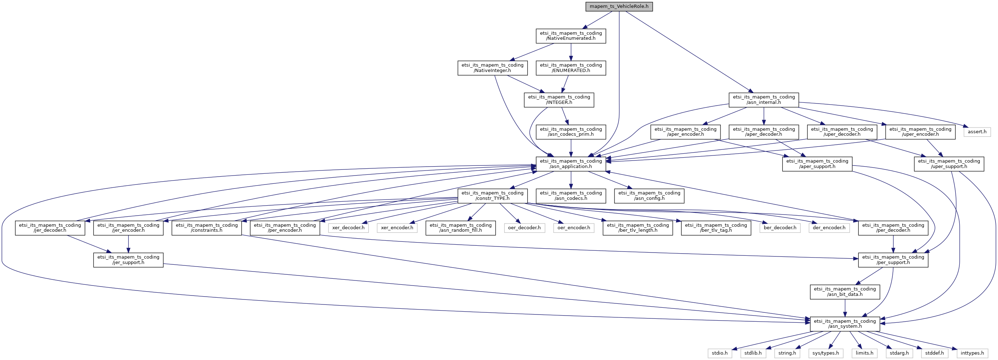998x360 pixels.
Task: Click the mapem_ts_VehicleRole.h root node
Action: pyautogui.click(x=619, y=6)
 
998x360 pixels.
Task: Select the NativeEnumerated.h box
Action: pyautogui.click(x=571, y=36)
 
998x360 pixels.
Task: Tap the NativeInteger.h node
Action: pyautogui.click(x=492, y=68)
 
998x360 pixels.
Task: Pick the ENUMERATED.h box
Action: pyautogui.click(x=571, y=68)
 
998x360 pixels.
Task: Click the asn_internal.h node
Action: pyautogui.click(x=763, y=100)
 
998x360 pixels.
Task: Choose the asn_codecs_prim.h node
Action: pyautogui.click(x=571, y=132)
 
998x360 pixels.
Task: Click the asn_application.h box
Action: pyautogui.click(x=571, y=164)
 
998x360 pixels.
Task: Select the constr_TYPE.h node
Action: pyautogui.click(x=492, y=196)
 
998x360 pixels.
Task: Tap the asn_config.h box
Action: pyautogui.click(x=649, y=196)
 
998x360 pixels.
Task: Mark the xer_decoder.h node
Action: pyautogui.click(x=348, y=228)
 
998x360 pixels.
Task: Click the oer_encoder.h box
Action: pyautogui.click(x=573, y=228)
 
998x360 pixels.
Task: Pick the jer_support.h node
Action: pyautogui.click(x=128, y=260)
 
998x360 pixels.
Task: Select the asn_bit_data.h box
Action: pyautogui.click(x=845, y=292)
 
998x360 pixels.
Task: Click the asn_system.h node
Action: pyautogui.click(x=845, y=323)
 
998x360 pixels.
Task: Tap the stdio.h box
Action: pyautogui.click(x=719, y=353)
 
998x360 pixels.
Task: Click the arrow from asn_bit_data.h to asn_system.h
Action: pyautogui.click(x=845, y=308)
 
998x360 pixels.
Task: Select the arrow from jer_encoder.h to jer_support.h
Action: pyautogui.click(x=128, y=244)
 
